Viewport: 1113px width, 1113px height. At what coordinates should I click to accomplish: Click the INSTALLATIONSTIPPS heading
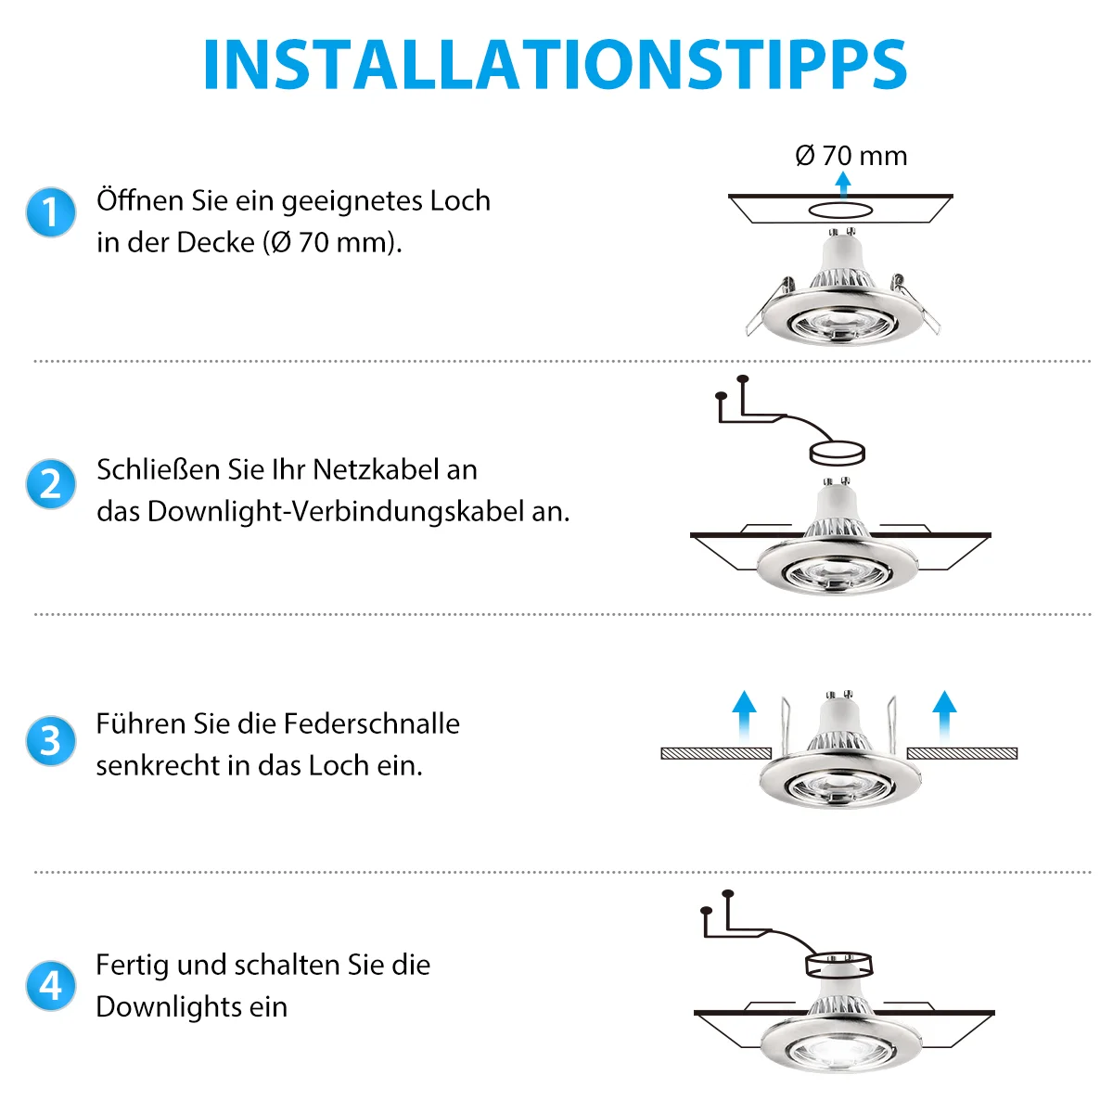click(555, 64)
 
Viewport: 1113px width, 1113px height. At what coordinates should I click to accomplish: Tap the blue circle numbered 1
click(51, 212)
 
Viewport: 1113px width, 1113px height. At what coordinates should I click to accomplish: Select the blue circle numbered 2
click(51, 484)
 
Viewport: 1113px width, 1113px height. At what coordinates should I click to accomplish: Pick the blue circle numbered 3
click(51, 741)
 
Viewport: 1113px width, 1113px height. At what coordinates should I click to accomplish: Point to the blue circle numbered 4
click(51, 986)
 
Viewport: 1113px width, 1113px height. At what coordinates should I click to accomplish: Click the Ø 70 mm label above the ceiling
click(851, 156)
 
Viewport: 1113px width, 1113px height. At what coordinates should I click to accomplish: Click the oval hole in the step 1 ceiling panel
click(839, 211)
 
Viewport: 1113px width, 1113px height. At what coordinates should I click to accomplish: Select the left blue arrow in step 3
click(744, 717)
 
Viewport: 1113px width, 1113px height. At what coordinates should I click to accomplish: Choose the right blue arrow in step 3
click(944, 717)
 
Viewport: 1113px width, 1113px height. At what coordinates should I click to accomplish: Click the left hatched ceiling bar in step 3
click(716, 753)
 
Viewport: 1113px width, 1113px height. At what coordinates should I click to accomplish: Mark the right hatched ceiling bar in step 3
click(962, 753)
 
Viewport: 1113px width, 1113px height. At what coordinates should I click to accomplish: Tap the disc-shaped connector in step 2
click(837, 453)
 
